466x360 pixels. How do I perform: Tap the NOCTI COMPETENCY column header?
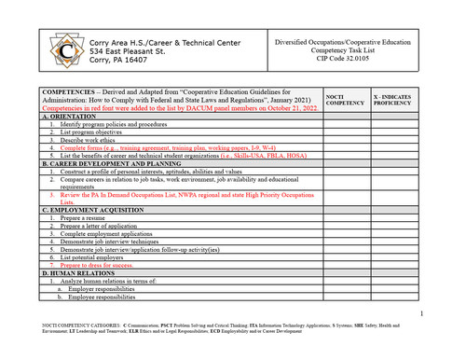344,98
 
